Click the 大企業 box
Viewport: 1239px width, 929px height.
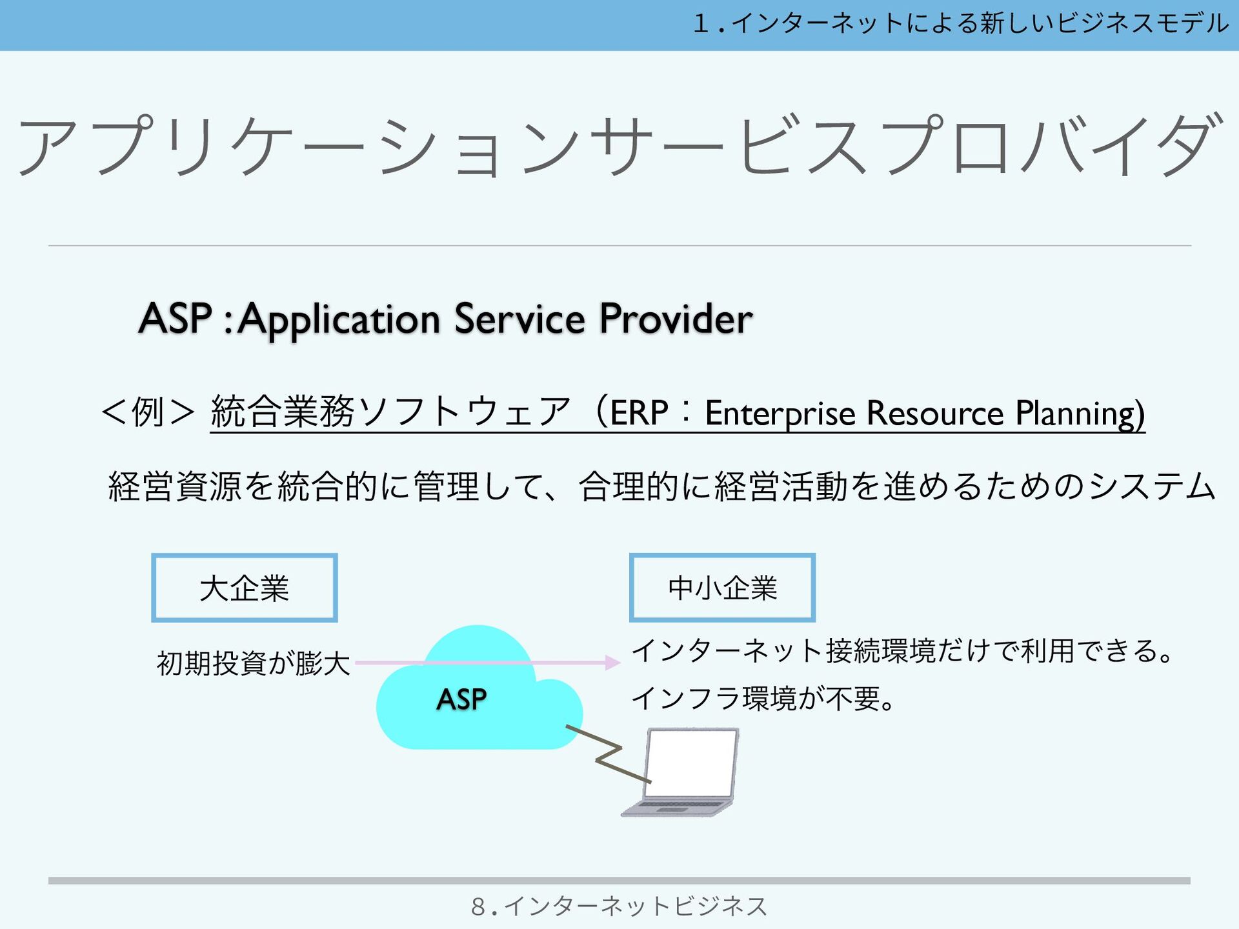click(x=244, y=588)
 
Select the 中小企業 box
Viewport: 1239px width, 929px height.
click(x=722, y=588)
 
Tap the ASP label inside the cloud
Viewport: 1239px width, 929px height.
click(x=461, y=699)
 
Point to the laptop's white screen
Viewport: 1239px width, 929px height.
click(x=692, y=763)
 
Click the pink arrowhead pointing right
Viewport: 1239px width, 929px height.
click(x=612, y=663)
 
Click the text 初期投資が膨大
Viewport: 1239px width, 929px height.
click(x=253, y=663)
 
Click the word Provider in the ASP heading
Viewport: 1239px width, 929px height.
click(x=676, y=319)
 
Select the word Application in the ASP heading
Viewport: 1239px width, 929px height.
click(x=339, y=320)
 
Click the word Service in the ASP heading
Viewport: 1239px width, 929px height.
click(x=519, y=319)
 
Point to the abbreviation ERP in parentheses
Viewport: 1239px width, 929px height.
click(x=639, y=413)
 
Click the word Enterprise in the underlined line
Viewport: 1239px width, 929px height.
click(x=780, y=414)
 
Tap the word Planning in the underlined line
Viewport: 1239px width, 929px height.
click(x=1079, y=414)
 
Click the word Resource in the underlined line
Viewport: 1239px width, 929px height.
click(x=935, y=413)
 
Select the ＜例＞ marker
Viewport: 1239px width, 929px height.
click(x=148, y=412)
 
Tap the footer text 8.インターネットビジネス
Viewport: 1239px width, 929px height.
click(x=619, y=906)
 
